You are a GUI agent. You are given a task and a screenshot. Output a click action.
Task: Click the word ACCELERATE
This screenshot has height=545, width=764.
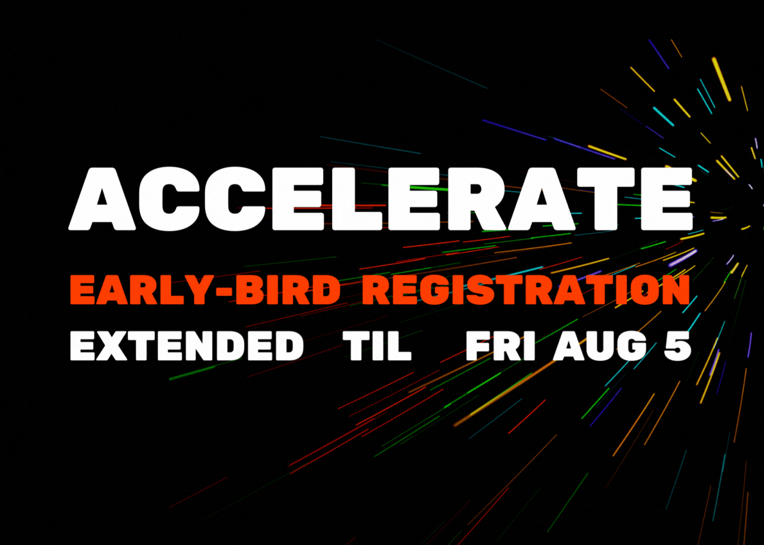(x=381, y=199)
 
